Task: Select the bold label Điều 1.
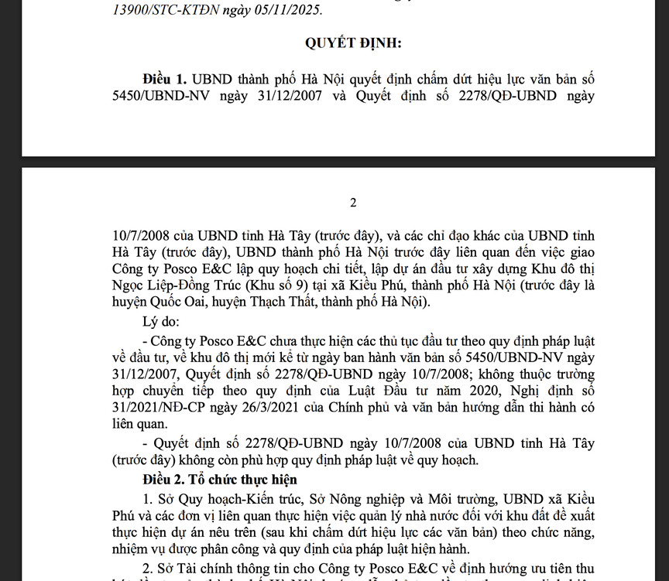(x=166, y=80)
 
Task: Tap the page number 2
(x=353, y=203)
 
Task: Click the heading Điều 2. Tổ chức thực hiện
(x=204, y=480)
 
